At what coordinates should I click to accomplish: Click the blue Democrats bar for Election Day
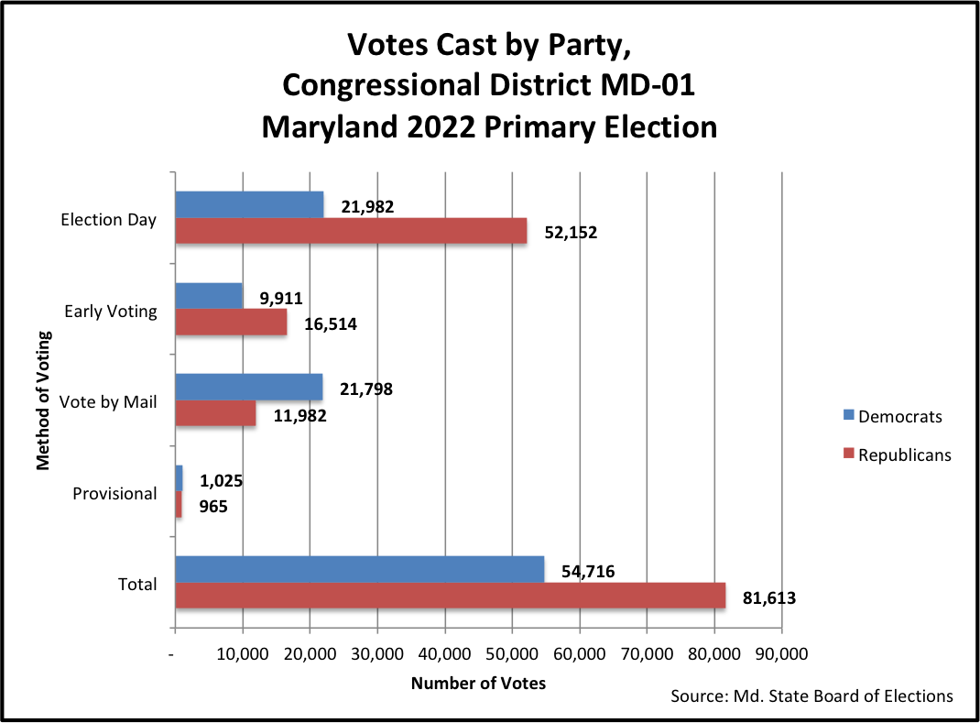pos(249,204)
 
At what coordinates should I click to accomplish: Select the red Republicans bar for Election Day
pos(351,231)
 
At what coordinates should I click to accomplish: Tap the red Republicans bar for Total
pos(450,596)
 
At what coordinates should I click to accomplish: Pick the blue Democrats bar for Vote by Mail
pos(248,388)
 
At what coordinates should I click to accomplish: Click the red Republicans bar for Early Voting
pos(231,323)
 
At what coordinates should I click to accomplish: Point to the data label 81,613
pos(768,599)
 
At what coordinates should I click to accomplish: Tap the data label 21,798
pos(365,389)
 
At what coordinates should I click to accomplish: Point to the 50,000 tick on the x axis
pos(512,654)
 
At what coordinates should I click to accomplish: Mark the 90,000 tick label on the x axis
pos(781,654)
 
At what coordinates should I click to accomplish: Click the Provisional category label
pos(114,494)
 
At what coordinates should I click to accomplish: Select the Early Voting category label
pos(111,312)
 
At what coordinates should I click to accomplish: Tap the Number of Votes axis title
pos(478,684)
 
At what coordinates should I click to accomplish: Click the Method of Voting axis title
pos(43,402)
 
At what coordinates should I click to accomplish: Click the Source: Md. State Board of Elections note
pos(811,696)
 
